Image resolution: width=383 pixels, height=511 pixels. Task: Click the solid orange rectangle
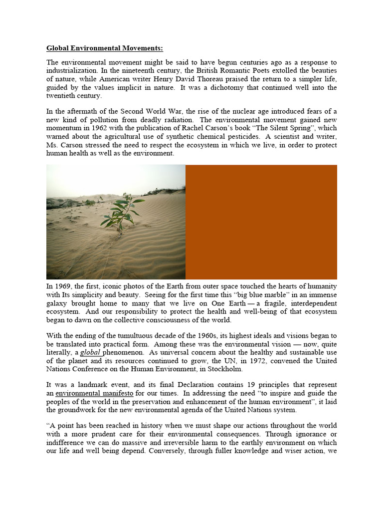(261, 222)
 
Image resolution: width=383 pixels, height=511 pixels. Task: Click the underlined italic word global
(90, 352)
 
